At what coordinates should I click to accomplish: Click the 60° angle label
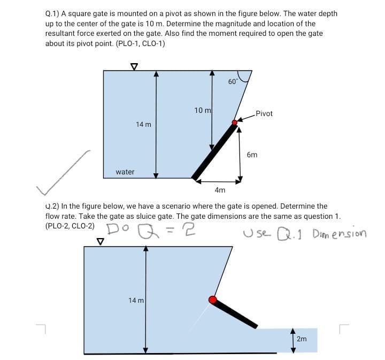(233, 82)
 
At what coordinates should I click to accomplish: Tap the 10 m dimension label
(202, 110)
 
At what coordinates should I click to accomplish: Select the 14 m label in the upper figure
(143, 125)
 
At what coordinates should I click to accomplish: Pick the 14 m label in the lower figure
(136, 301)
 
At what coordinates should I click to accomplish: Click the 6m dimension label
(252, 155)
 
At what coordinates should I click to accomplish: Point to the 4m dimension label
(220, 190)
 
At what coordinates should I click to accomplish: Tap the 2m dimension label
(302, 339)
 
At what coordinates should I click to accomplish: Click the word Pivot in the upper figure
(264, 113)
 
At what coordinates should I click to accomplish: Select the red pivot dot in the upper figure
(234, 123)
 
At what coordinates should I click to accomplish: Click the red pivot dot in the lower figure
(212, 300)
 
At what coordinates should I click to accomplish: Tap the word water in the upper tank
(125, 172)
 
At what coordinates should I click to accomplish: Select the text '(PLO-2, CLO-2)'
(70, 225)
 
